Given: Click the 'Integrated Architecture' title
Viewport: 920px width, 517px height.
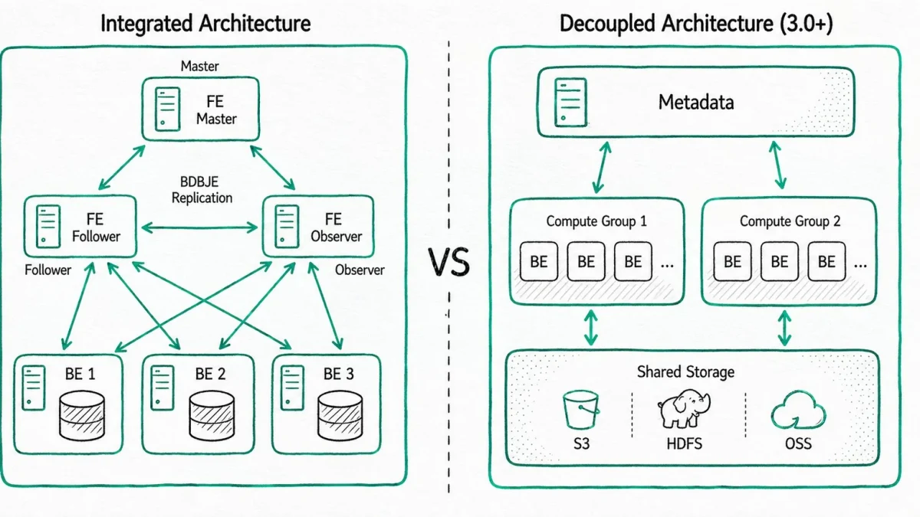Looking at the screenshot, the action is coord(205,24).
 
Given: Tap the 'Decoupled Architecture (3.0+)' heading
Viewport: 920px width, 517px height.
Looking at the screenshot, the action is coord(696,24).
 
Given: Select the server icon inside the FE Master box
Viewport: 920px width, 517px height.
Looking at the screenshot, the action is coord(168,109).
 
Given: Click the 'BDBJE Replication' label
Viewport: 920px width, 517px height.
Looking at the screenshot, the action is coord(202,190).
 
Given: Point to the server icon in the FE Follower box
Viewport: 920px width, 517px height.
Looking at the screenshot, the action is coord(48,227).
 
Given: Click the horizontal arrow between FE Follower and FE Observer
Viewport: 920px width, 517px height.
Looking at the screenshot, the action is coord(199,227).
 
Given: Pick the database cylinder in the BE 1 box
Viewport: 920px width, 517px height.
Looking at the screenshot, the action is coord(82,416).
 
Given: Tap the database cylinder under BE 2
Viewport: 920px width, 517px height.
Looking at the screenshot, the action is coord(212,416).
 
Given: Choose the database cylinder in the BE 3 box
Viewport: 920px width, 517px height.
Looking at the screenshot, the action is coord(340,416).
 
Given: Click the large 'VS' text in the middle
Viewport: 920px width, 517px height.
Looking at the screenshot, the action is coord(449,262).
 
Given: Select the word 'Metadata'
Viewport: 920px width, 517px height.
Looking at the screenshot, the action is coord(696,102).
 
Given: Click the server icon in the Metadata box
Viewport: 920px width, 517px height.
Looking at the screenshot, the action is coord(570,103).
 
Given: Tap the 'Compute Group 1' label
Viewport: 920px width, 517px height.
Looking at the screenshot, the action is coord(596,221).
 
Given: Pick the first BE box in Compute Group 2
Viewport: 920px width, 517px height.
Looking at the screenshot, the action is coord(732,261).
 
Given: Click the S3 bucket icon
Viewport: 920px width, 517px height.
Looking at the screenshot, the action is coord(581,410).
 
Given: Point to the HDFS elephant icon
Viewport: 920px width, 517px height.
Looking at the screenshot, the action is coord(684,409).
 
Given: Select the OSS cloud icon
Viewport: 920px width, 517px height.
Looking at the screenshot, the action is coord(798,410).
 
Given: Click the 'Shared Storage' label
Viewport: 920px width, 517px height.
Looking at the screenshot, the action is coord(685,371).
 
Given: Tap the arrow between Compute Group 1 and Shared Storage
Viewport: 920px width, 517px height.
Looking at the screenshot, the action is coord(590,328).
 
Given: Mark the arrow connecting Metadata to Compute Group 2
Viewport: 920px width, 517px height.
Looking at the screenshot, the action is coord(777,165).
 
